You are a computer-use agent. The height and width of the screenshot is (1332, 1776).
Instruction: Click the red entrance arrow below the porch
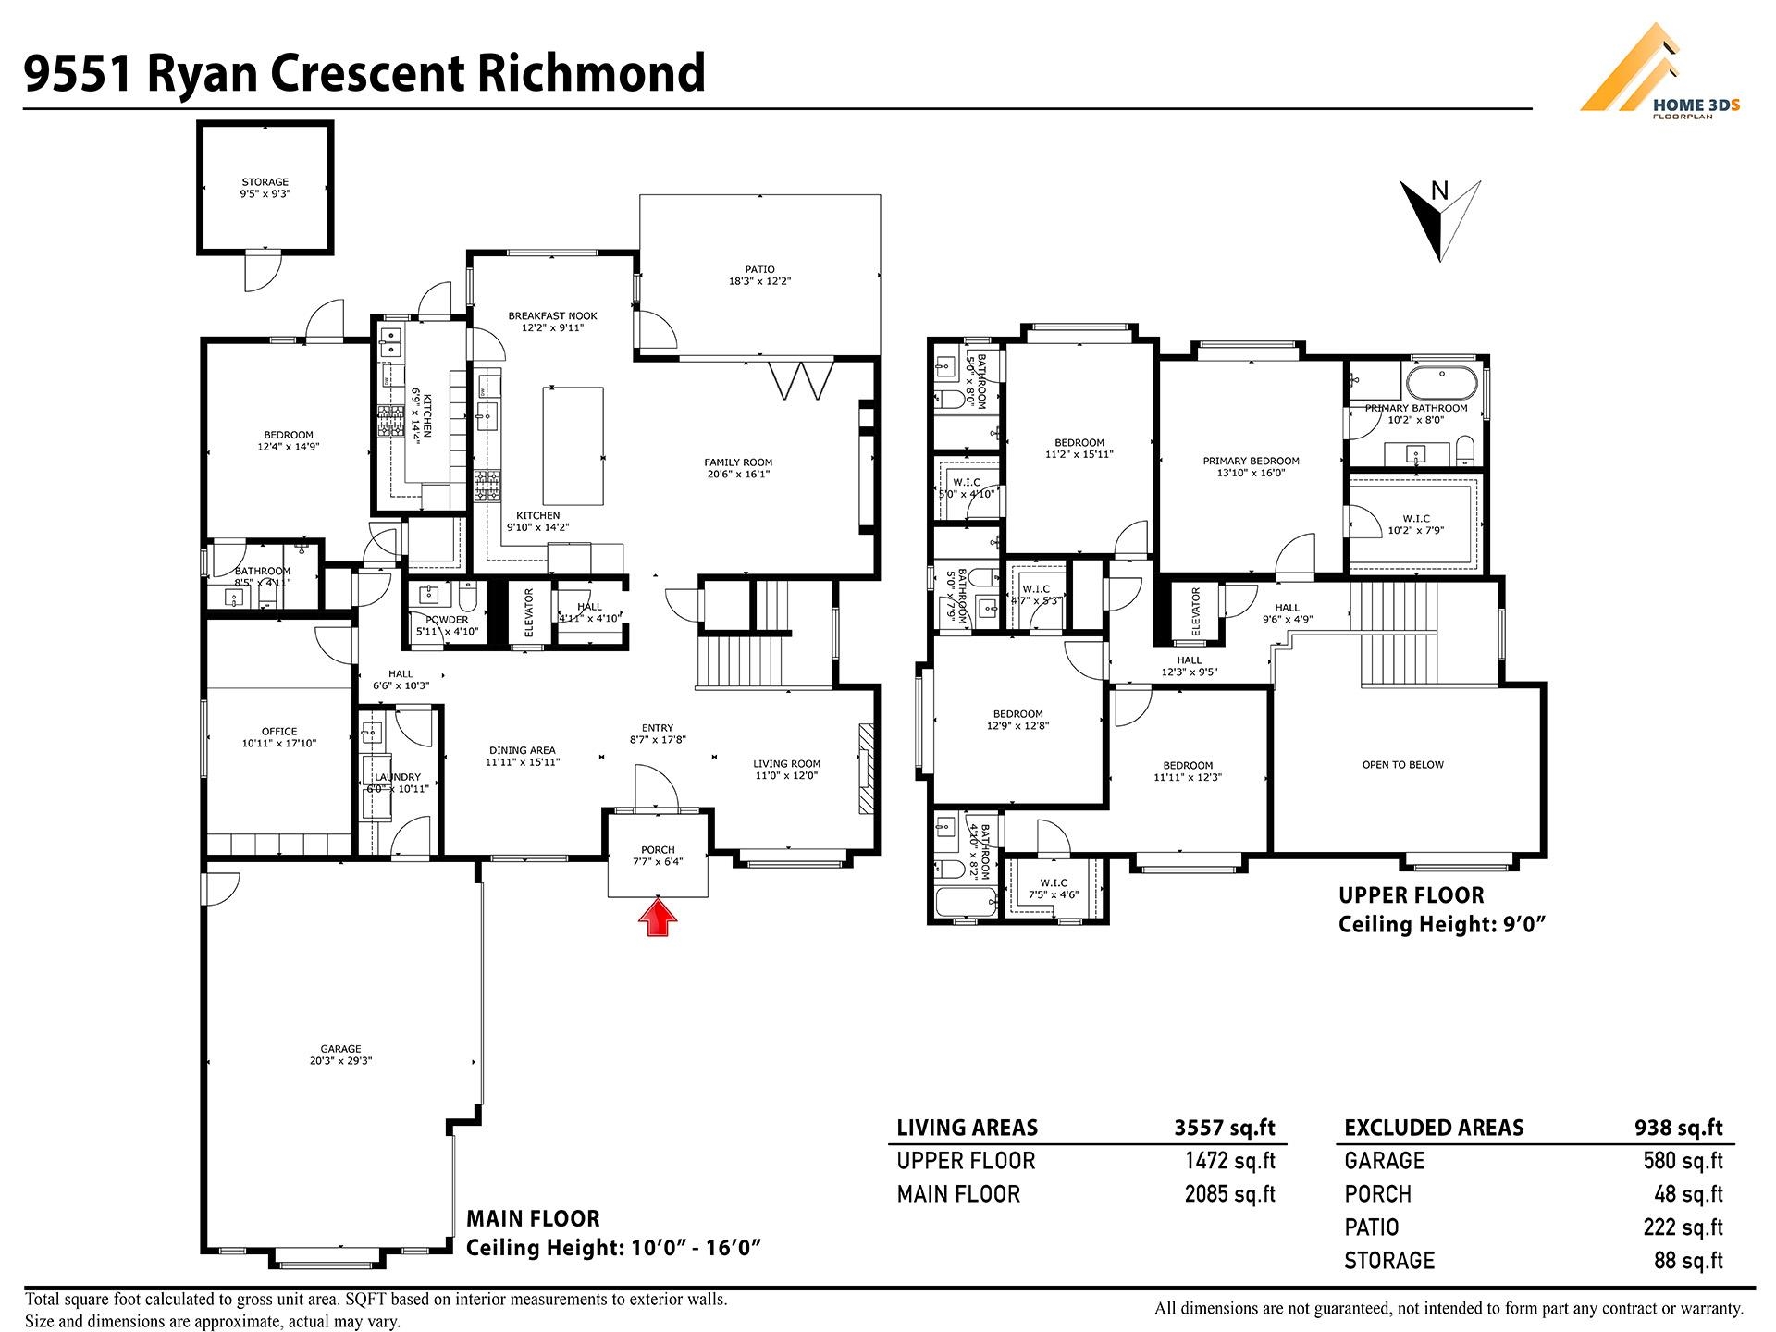coord(658,919)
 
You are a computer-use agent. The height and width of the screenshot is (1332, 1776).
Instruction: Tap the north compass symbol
coord(1439,219)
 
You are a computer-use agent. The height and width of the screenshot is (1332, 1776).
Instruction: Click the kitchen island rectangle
coord(573,444)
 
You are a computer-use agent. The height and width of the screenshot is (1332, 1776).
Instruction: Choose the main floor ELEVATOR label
coord(529,612)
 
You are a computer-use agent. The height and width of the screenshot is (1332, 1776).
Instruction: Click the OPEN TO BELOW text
coord(1402,765)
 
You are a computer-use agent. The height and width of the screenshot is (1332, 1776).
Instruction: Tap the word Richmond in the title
coord(590,73)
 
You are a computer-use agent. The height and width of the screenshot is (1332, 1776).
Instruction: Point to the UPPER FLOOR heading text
coord(1412,895)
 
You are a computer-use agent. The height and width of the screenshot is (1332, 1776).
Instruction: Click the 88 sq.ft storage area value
coord(1688,1261)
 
